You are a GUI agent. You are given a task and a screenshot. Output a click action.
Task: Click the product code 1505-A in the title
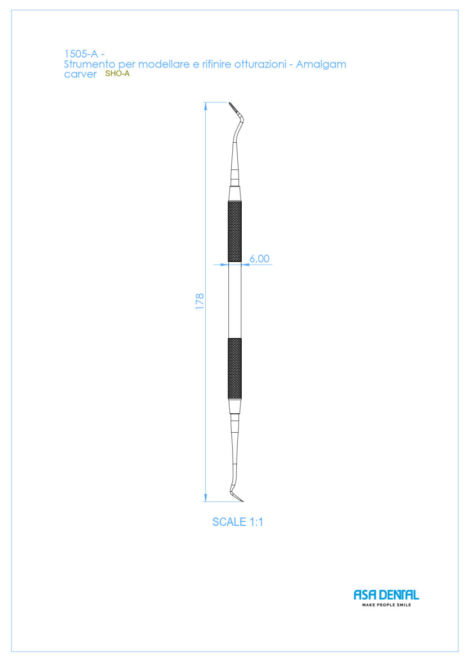pyautogui.click(x=81, y=54)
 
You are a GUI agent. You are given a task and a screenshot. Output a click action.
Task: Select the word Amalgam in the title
pyautogui.click(x=321, y=65)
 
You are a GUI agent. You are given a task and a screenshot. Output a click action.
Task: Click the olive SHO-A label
pyautogui.click(x=117, y=74)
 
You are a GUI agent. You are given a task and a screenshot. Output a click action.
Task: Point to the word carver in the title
pyautogui.click(x=80, y=74)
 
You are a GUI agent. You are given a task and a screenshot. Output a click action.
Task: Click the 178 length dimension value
pyautogui.click(x=200, y=302)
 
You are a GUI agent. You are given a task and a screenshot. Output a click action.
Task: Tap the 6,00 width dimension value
pyautogui.click(x=259, y=259)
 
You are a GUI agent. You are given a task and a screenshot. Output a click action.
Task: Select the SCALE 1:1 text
pyautogui.click(x=238, y=530)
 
